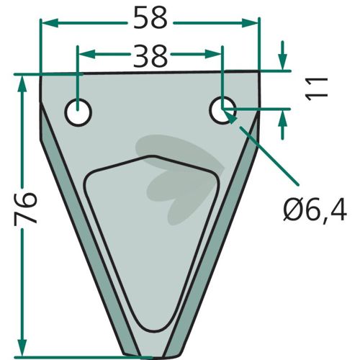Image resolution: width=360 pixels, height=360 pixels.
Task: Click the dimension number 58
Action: (150, 18)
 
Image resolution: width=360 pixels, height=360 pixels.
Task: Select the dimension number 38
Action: (150, 56)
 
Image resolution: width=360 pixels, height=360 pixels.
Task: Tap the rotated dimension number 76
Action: (26, 208)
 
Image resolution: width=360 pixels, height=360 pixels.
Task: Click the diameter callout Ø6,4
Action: (315, 210)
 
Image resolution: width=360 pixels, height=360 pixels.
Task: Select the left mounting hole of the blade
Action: (78, 112)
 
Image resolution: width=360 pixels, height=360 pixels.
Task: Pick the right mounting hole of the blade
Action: (222, 110)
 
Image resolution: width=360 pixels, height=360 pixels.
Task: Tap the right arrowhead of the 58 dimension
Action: (250, 23)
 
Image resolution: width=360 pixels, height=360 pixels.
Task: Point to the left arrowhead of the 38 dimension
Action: (87, 54)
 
